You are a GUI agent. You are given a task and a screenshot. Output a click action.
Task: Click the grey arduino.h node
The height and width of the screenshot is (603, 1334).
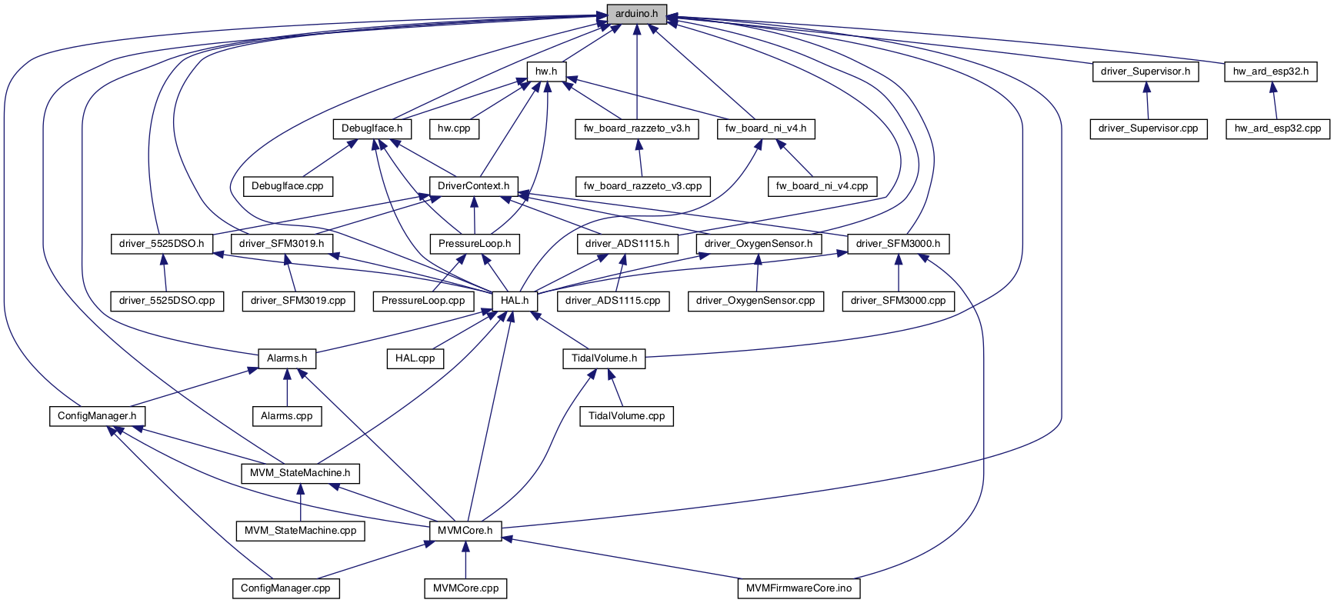[636, 14]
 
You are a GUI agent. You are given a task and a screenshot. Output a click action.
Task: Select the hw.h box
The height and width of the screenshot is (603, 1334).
[546, 72]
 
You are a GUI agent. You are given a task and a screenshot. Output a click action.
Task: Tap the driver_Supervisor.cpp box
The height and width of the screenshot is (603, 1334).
[1148, 128]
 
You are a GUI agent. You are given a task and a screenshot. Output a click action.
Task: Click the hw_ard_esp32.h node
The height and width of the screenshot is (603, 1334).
[1270, 72]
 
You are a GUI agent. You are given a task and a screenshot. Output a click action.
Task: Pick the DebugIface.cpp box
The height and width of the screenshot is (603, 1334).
[288, 186]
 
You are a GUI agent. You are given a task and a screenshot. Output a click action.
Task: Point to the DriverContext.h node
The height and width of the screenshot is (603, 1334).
[473, 186]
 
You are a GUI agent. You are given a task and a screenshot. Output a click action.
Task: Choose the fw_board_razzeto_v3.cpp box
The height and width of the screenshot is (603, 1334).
[642, 186]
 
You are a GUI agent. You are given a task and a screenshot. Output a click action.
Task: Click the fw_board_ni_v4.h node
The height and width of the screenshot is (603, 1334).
[765, 128]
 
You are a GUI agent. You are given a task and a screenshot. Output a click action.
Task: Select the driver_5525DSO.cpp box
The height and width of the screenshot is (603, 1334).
[167, 301]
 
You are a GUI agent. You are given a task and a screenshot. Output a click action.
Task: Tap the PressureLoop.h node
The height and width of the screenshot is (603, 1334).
[475, 244]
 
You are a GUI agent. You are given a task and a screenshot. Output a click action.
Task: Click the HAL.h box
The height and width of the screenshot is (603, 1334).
[515, 301]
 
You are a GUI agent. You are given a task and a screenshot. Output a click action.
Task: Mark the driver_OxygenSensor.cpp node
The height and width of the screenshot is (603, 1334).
[755, 301]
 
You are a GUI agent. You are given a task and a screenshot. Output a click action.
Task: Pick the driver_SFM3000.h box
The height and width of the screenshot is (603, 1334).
[898, 244]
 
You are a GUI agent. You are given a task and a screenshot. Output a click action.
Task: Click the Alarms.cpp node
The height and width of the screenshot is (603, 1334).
[287, 416]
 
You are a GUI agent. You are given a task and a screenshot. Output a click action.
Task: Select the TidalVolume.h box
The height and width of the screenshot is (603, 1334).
[604, 358]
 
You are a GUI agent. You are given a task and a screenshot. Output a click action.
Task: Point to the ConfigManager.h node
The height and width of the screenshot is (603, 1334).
[97, 416]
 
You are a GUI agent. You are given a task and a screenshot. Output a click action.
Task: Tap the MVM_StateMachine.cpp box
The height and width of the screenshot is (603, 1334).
[300, 531]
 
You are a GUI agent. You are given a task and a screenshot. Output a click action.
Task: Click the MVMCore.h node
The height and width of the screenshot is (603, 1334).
[465, 531]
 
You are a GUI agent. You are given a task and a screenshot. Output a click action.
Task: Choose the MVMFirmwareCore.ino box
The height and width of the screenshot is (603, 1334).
[799, 588]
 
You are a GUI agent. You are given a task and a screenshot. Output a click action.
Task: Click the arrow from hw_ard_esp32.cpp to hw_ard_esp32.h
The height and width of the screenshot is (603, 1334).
[1274, 101]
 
